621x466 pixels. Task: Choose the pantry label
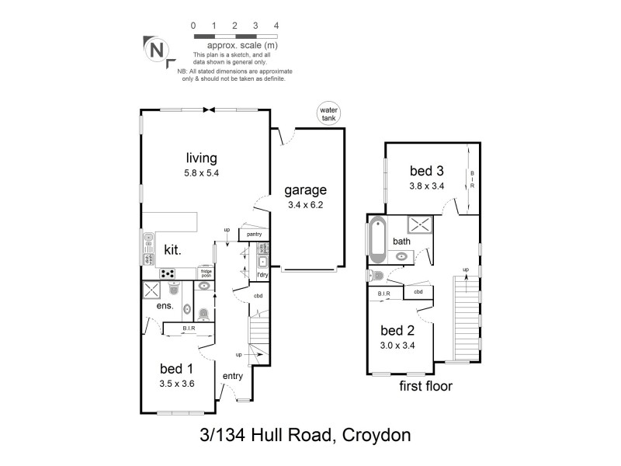tap(253, 235)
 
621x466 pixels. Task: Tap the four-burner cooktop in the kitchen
tap(168, 273)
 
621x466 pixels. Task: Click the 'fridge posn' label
tap(206, 273)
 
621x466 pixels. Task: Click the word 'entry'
tap(233, 376)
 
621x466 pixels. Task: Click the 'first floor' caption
tap(425, 385)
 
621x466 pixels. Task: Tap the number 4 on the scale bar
tap(277, 26)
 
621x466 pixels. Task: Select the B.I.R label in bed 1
tap(189, 329)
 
